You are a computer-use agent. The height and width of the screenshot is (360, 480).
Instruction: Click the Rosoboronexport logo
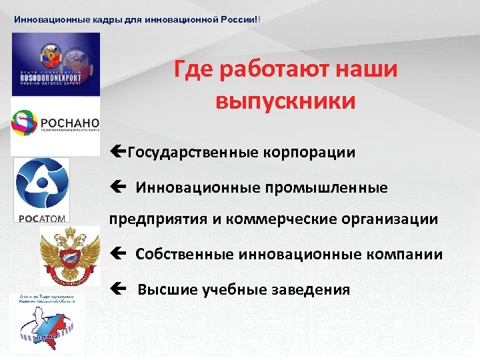click(x=55, y=64)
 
